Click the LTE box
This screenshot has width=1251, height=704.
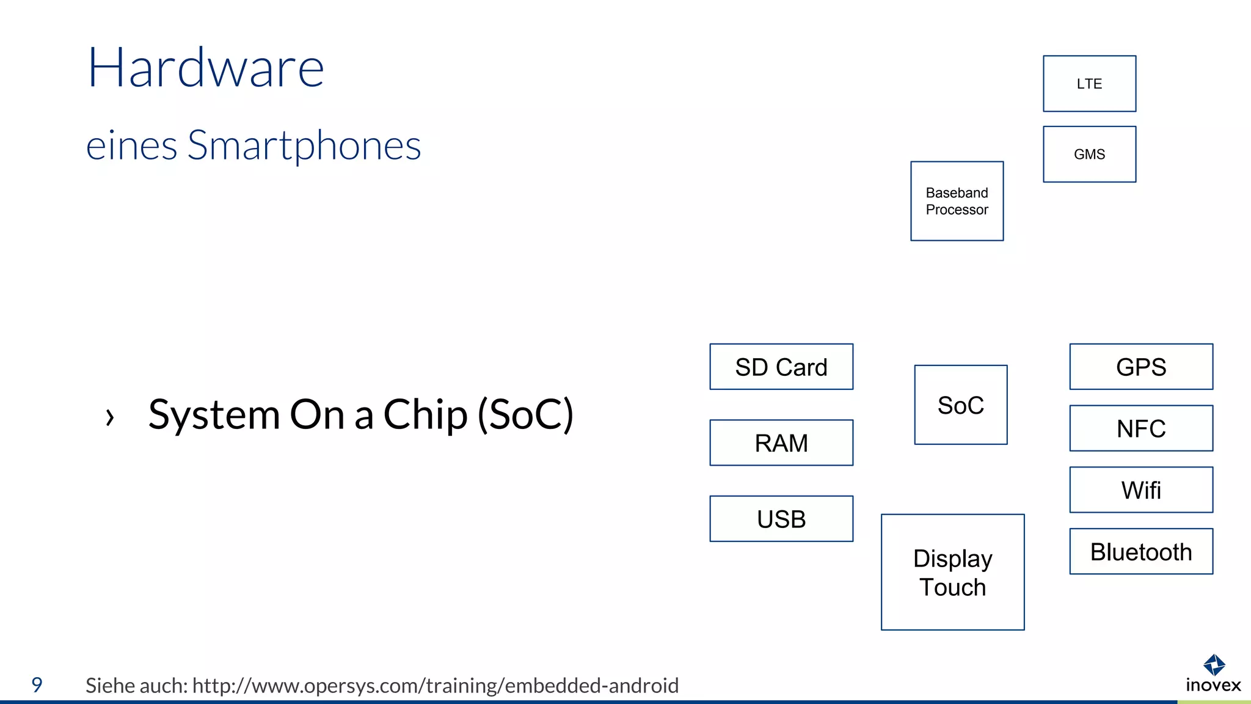(1089, 84)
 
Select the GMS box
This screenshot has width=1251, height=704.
(1089, 154)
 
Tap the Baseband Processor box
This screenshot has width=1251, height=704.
(957, 201)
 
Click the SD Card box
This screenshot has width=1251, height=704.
(781, 367)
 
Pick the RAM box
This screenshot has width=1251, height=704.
(781, 442)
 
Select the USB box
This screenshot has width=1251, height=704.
(781, 519)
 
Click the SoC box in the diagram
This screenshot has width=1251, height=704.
(960, 405)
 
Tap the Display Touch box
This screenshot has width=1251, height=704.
(952, 572)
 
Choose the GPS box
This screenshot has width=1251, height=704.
(1141, 367)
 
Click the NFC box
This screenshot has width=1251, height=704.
(1141, 428)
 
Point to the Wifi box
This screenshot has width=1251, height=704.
(1141, 490)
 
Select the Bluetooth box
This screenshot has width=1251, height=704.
(1141, 551)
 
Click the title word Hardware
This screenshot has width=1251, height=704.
(206, 68)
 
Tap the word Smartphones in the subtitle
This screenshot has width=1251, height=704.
(304, 147)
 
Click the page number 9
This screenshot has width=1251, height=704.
(37, 684)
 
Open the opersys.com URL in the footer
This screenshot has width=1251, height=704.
(435, 686)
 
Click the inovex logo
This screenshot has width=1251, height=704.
(1213, 673)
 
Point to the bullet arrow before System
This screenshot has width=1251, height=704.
(110, 417)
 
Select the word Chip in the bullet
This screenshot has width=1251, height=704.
(425, 416)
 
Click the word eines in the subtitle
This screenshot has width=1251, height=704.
(131, 147)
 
